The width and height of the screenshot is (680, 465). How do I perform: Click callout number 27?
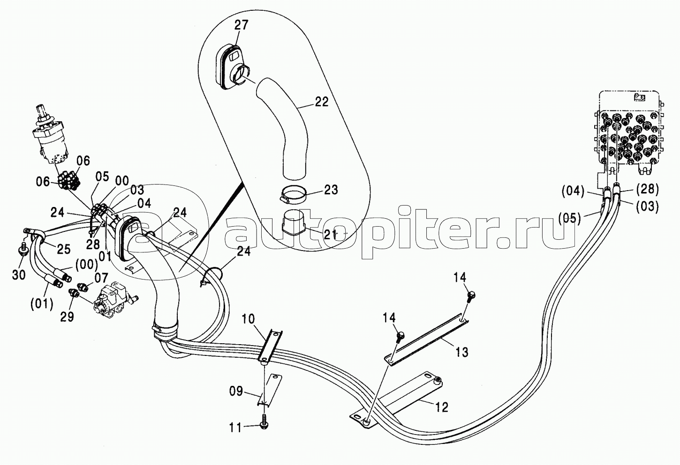tap(241, 25)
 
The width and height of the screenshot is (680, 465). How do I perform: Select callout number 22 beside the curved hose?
tap(321, 102)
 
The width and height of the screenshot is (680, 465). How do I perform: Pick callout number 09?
tap(236, 391)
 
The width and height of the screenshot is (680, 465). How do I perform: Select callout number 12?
tap(441, 407)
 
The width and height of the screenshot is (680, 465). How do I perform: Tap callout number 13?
tap(462, 352)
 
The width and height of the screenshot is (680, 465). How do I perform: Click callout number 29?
tap(67, 317)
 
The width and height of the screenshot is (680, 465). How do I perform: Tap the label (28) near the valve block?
tap(648, 189)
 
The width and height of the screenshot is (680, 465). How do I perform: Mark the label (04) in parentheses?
tap(573, 191)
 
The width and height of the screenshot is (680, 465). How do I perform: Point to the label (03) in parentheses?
tap(648, 205)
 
